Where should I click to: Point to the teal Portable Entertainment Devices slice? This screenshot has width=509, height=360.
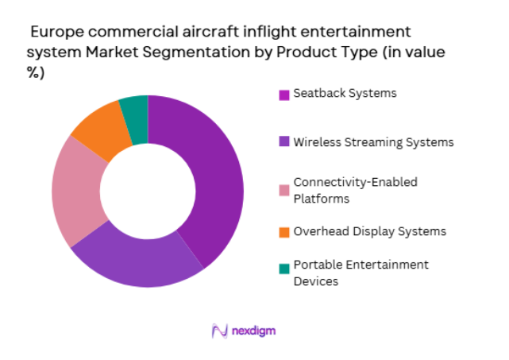[x=135, y=110]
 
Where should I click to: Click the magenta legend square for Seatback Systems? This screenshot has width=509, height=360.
[x=283, y=95]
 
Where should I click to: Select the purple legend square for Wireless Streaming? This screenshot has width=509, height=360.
[x=283, y=143]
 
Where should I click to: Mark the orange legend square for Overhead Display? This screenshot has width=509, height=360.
[x=283, y=232]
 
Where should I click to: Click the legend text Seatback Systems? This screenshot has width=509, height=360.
[x=345, y=94]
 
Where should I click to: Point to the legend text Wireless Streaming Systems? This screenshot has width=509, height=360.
[x=373, y=142]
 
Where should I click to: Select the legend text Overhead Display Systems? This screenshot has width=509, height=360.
[x=369, y=231]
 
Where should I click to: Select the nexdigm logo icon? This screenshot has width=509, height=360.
[x=220, y=330]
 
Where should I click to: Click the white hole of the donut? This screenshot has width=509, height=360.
[x=148, y=191]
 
